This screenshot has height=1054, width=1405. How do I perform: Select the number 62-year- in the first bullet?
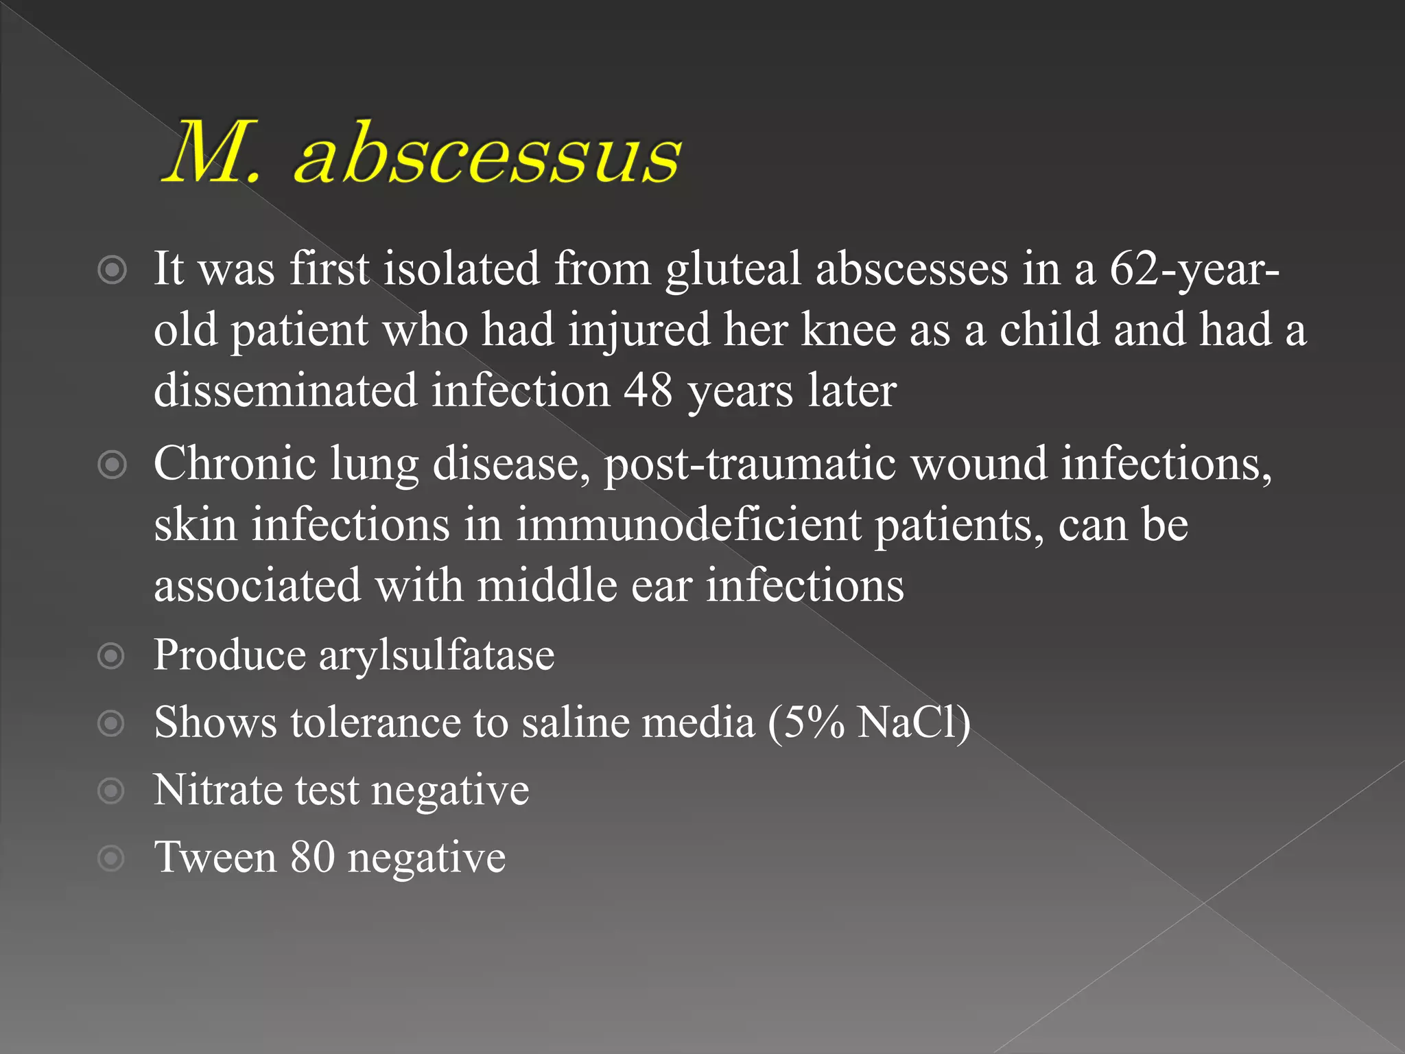(x=1194, y=268)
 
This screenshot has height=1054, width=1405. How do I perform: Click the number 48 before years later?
(x=648, y=390)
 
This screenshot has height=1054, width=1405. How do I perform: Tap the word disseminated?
(x=285, y=390)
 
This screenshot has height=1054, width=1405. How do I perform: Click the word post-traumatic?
(x=750, y=464)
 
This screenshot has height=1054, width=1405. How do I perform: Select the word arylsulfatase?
(x=436, y=655)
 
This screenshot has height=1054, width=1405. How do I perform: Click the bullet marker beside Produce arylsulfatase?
(x=111, y=656)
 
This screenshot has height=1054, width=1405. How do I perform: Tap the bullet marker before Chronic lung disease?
(x=112, y=465)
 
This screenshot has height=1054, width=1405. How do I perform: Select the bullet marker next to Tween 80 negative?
(x=111, y=858)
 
